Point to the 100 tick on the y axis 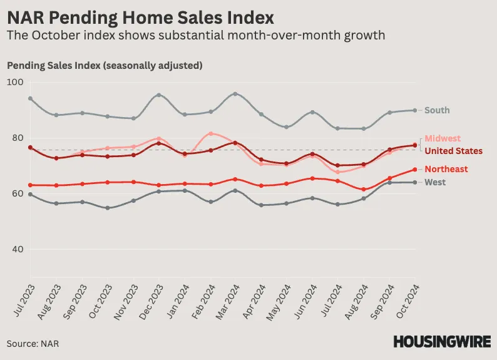pos(14,83)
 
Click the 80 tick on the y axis pos(16,138)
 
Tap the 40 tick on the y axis pos(16,250)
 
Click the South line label pos(437,110)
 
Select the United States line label pos(453,151)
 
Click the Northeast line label pos(446,169)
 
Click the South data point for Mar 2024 pos(235,94)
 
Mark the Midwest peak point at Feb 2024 pos(210,133)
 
